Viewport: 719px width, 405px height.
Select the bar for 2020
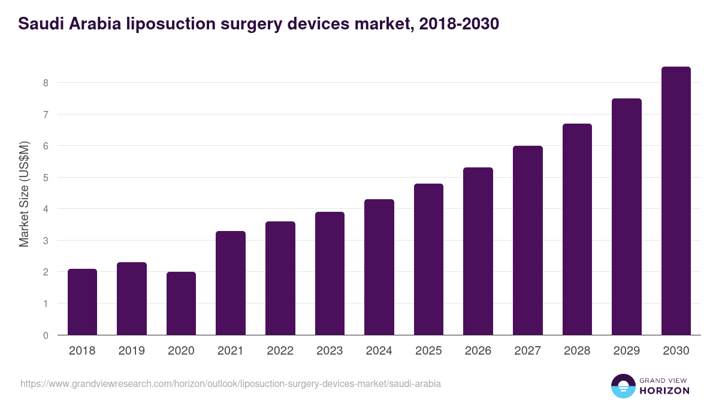click(x=181, y=304)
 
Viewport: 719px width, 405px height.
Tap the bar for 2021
click(x=231, y=283)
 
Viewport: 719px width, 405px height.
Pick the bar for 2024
click(x=379, y=267)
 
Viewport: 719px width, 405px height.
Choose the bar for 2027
click(x=528, y=240)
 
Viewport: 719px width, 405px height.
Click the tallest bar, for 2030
click(x=676, y=201)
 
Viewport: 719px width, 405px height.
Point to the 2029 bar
click(x=627, y=217)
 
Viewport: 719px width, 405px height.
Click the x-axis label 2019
click(x=132, y=351)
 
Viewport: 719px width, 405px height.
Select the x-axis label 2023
click(x=330, y=351)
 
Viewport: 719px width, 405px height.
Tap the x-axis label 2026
click(x=478, y=351)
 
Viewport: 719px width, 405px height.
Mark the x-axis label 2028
click(x=577, y=351)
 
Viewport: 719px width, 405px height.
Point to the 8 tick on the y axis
click(x=46, y=83)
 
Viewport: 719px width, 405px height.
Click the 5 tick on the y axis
click(x=46, y=178)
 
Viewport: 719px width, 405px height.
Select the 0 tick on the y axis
click(x=46, y=335)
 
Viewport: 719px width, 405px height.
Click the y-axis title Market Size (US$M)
click(x=24, y=194)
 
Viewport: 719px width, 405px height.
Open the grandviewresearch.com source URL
click(x=231, y=383)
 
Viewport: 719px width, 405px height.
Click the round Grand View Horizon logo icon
click(x=623, y=386)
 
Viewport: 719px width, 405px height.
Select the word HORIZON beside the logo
click(x=664, y=391)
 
